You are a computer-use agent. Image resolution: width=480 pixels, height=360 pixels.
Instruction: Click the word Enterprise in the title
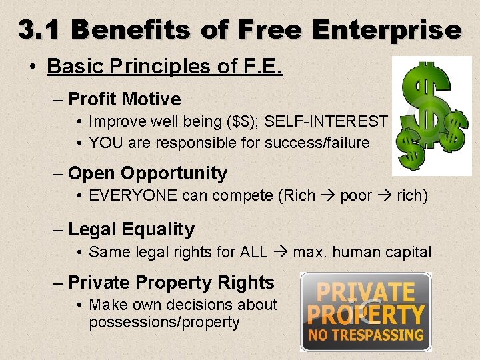pyautogui.click(x=385, y=30)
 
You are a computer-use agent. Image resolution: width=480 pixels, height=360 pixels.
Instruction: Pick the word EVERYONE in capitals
pyautogui.click(x=131, y=197)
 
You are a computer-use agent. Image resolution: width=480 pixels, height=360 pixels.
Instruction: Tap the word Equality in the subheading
pyautogui.click(x=158, y=230)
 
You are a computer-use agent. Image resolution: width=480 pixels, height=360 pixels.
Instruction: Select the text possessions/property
pyautogui.click(x=164, y=323)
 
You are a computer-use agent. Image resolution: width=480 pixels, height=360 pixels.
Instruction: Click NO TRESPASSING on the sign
pyautogui.click(x=366, y=335)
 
